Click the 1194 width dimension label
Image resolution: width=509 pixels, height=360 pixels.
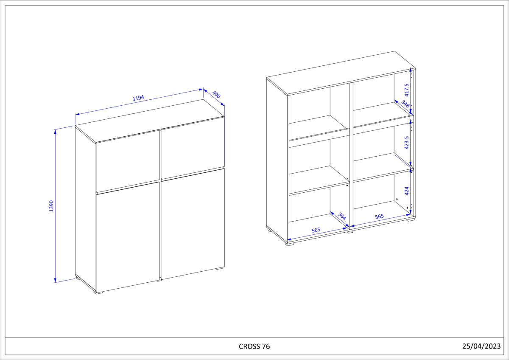pos(138,98)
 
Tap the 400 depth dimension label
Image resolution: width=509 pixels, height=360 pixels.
pos(216,95)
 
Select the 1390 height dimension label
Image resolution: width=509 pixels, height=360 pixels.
pos(51,206)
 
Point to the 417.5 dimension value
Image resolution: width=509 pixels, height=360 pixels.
pos(406,90)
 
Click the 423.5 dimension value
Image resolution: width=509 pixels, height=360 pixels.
pos(406,143)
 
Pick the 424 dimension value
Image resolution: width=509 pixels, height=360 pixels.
pos(406,191)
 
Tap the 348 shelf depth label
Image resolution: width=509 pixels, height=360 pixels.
pos(405,104)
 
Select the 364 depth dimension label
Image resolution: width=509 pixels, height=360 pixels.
pos(342,216)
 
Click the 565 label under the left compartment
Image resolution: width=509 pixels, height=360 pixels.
pos(316,230)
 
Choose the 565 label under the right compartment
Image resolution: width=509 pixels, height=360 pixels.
pos(379,217)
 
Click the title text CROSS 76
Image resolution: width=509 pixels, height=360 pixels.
pos(254,346)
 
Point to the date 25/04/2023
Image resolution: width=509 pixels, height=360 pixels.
pos(481,346)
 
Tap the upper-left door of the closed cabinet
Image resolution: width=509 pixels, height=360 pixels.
pos(128,161)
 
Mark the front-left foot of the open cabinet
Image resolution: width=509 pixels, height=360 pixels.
pos(290,244)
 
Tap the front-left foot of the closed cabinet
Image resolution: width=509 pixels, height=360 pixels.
pos(98,293)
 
